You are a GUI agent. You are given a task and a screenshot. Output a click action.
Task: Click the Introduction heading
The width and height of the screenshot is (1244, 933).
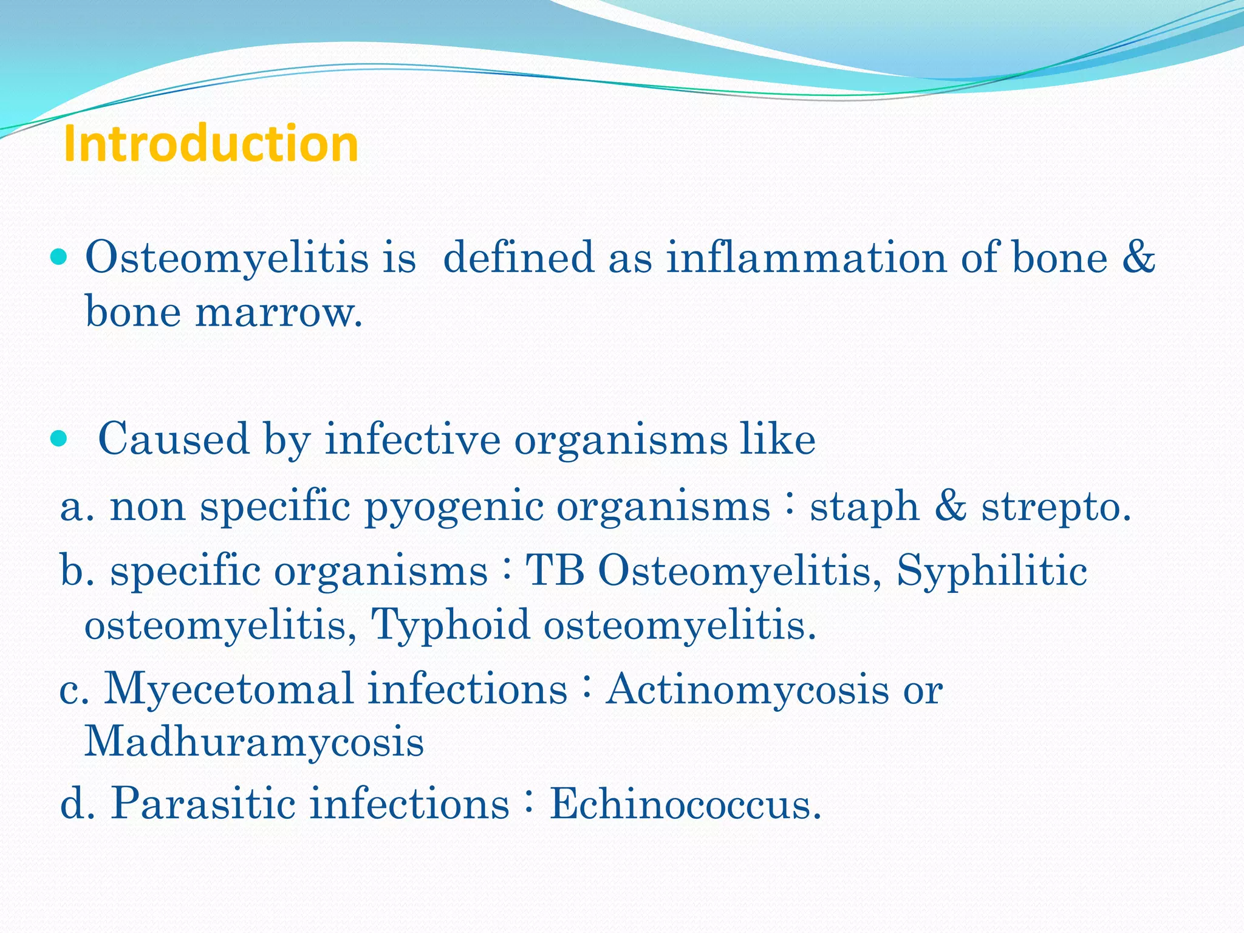click(211, 143)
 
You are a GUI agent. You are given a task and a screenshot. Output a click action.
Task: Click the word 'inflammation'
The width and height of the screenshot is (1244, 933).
click(806, 257)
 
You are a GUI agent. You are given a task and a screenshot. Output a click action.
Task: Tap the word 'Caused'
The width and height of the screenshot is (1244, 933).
click(173, 439)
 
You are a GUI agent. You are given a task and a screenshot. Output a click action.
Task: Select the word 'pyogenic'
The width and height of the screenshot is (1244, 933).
click(453, 507)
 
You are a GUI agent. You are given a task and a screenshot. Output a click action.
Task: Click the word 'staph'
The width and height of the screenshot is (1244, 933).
click(864, 508)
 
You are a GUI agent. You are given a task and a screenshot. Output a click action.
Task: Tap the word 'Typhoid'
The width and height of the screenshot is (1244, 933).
click(450, 624)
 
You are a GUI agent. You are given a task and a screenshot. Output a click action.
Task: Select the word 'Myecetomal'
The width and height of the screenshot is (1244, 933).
click(228, 690)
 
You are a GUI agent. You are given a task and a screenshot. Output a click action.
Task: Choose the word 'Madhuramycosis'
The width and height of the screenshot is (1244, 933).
click(253, 742)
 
